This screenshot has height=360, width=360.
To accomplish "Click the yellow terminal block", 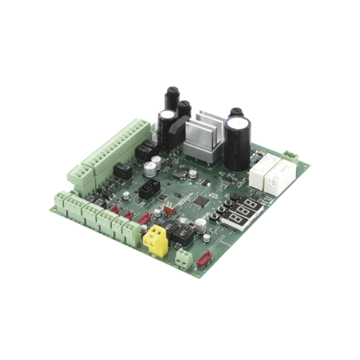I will tap(155, 238).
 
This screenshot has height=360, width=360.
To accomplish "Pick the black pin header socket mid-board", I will tap(148, 191).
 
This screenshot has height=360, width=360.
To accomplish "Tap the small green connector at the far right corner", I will tap(290, 157).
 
